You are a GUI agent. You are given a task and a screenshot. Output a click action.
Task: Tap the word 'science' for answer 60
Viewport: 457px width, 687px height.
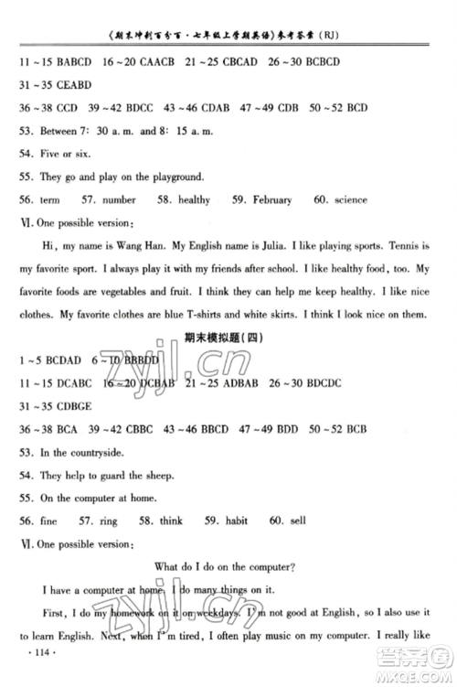[351, 199]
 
